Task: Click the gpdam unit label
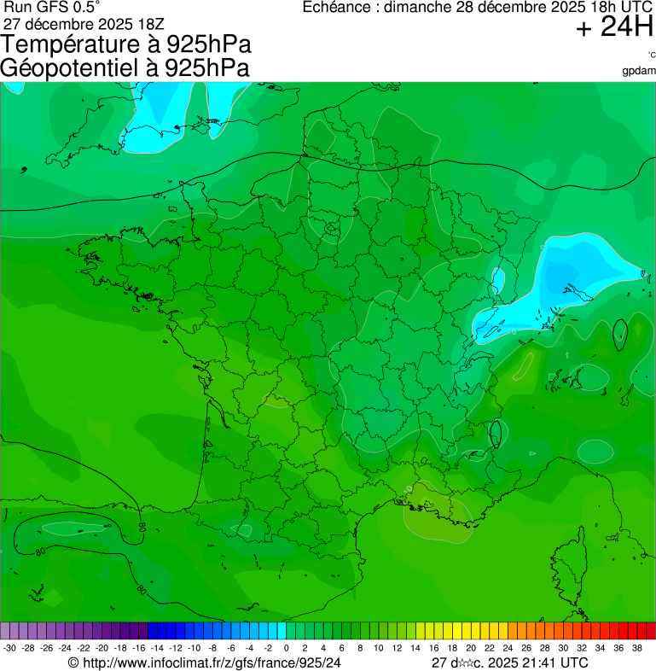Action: click(x=639, y=70)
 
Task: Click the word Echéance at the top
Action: click(x=340, y=8)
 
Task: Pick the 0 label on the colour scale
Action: click(x=285, y=649)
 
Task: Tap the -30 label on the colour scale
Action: click(x=9, y=649)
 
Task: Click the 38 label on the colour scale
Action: click(x=637, y=649)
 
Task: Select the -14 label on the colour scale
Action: click(x=157, y=649)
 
